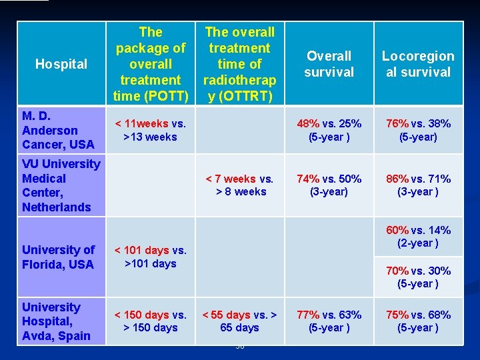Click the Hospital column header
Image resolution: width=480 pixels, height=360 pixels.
61,64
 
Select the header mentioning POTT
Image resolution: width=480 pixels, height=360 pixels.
151,64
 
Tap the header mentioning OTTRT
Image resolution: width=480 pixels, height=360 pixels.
239,64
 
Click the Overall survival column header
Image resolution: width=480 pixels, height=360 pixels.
329,64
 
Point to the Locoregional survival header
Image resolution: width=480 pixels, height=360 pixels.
418,64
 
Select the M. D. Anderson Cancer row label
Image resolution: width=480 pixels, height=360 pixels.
58,130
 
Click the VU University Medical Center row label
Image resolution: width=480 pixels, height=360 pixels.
61,185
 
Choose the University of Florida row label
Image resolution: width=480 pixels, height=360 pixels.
59,257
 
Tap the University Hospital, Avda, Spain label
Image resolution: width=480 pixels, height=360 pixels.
56,321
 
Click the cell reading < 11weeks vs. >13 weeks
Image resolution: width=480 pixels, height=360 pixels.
151,130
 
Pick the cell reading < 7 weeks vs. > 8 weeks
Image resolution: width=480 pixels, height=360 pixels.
240,185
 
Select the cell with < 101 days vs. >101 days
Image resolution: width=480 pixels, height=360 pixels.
151,257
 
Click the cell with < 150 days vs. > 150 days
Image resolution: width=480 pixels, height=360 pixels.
151,321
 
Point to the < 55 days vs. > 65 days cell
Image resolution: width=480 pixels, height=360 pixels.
240,321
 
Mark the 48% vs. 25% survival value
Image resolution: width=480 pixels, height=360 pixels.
329,130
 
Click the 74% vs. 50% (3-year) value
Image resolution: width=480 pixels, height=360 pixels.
329,185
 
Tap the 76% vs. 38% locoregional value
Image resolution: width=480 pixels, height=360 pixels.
418,130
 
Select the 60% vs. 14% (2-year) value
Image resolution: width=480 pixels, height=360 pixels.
418,236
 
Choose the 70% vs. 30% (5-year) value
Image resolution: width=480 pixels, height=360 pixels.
418,277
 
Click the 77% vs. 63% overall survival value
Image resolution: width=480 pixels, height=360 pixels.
329,321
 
